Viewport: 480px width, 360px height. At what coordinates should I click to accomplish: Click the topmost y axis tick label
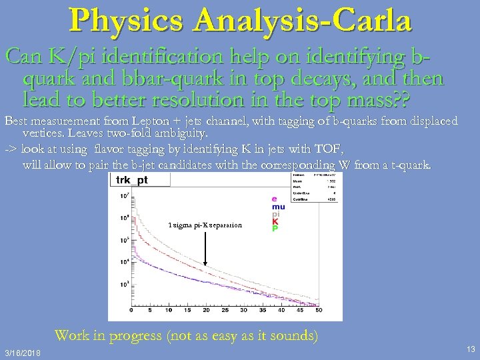coord(124,197)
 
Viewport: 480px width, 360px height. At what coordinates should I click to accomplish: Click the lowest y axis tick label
coord(124,285)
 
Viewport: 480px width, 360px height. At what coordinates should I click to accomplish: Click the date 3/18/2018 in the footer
coord(22,352)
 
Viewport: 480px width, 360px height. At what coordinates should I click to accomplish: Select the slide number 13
coord(471,349)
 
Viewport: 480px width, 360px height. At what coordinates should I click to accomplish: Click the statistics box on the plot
coord(315,188)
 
